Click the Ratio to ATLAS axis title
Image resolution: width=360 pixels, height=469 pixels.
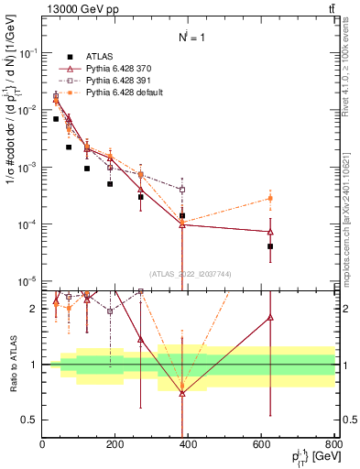[12, 365]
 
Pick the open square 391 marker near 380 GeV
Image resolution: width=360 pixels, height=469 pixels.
[182, 190]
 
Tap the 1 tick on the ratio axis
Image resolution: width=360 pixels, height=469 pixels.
[35, 365]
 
